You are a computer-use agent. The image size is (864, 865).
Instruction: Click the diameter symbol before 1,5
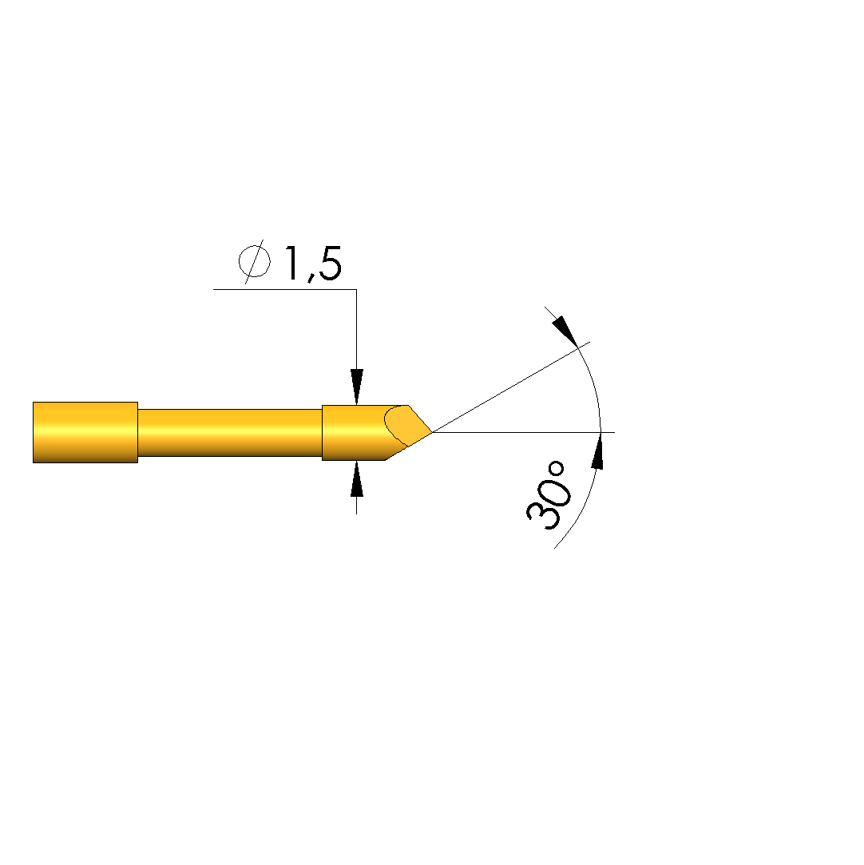(x=254, y=261)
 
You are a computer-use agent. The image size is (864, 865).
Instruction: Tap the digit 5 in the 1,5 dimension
(x=329, y=264)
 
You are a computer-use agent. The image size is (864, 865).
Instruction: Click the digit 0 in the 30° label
(x=554, y=491)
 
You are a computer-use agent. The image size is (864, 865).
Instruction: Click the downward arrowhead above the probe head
(x=357, y=387)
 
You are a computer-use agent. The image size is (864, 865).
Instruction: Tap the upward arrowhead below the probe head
(x=357, y=478)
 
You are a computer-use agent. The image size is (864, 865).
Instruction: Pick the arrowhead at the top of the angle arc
(x=565, y=331)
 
